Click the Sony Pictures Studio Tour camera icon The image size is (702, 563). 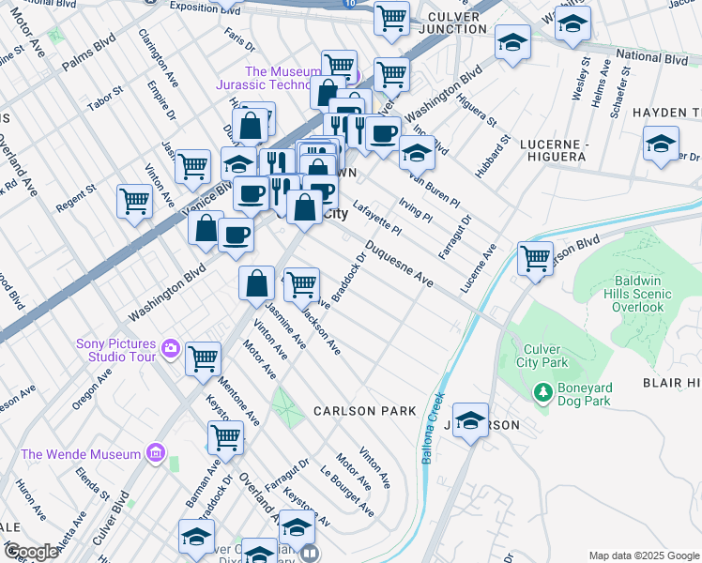170,348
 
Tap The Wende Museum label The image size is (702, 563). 81,455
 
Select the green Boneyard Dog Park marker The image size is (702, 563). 542,391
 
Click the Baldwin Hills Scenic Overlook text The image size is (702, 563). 643,294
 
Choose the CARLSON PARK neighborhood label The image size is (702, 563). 364,411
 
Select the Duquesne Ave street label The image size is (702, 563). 399,266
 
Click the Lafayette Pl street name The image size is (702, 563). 377,223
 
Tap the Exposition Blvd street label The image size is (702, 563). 205,7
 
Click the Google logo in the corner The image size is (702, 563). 30,552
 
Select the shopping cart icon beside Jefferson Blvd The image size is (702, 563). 535,257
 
